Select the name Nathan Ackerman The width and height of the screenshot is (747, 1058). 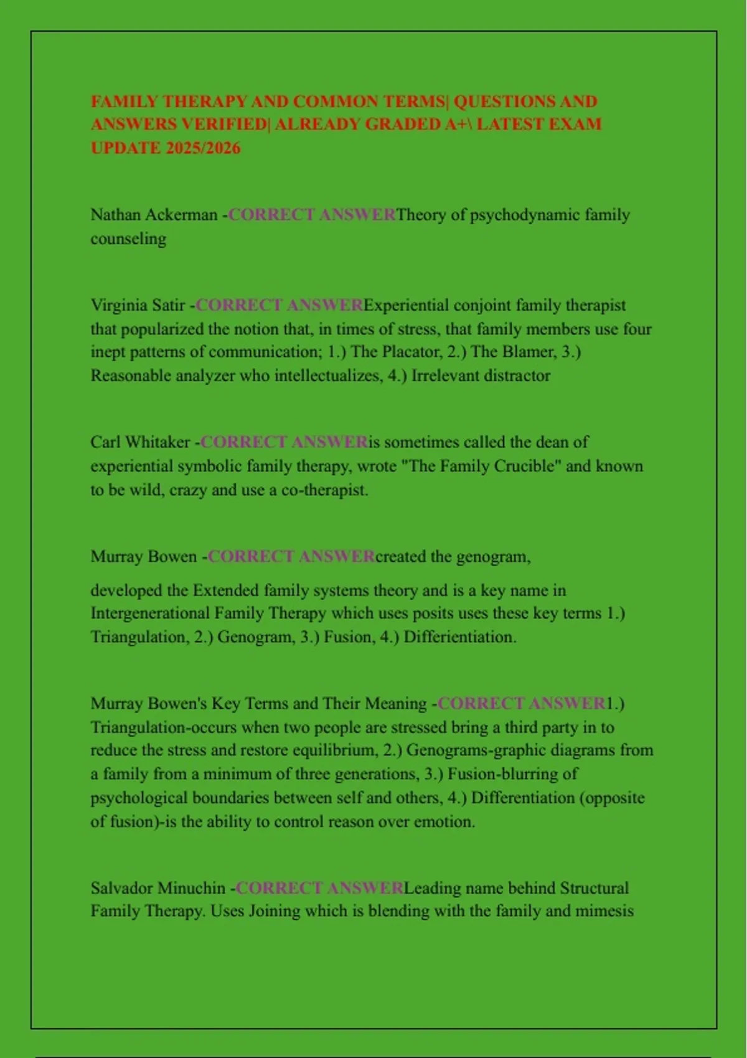pos(154,215)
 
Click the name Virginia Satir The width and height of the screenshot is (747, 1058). pos(138,305)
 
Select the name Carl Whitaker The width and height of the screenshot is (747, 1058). pos(140,442)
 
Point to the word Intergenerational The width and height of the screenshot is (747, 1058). pos(150,613)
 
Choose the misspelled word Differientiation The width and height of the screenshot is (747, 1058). pos(460,637)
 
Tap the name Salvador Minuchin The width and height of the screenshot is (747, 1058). pos(158,887)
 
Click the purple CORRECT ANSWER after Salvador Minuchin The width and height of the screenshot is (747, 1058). pos(320,887)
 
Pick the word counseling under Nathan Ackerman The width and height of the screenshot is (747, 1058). pos(128,238)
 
